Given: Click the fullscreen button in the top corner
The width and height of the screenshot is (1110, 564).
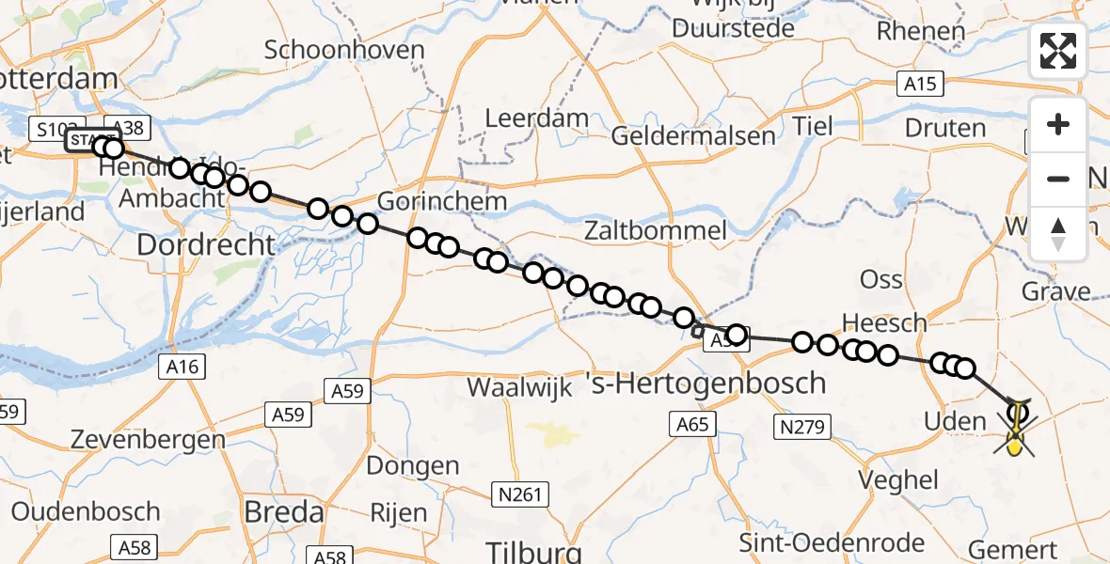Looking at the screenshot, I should (1058, 51).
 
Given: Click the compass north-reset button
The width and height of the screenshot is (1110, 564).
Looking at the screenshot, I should (1058, 234).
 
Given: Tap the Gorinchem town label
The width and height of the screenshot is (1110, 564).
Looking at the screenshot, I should (442, 202).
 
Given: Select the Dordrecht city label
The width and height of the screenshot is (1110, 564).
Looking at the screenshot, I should (206, 245).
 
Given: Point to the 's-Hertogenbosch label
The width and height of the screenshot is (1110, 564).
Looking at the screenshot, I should (706, 384).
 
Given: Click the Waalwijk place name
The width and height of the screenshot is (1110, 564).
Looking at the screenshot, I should (520, 388).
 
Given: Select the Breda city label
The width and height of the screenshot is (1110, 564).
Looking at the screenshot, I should (283, 512).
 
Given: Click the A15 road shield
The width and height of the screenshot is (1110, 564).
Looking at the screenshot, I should (919, 85).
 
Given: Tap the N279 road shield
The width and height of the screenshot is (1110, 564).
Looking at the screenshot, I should (801, 428).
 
